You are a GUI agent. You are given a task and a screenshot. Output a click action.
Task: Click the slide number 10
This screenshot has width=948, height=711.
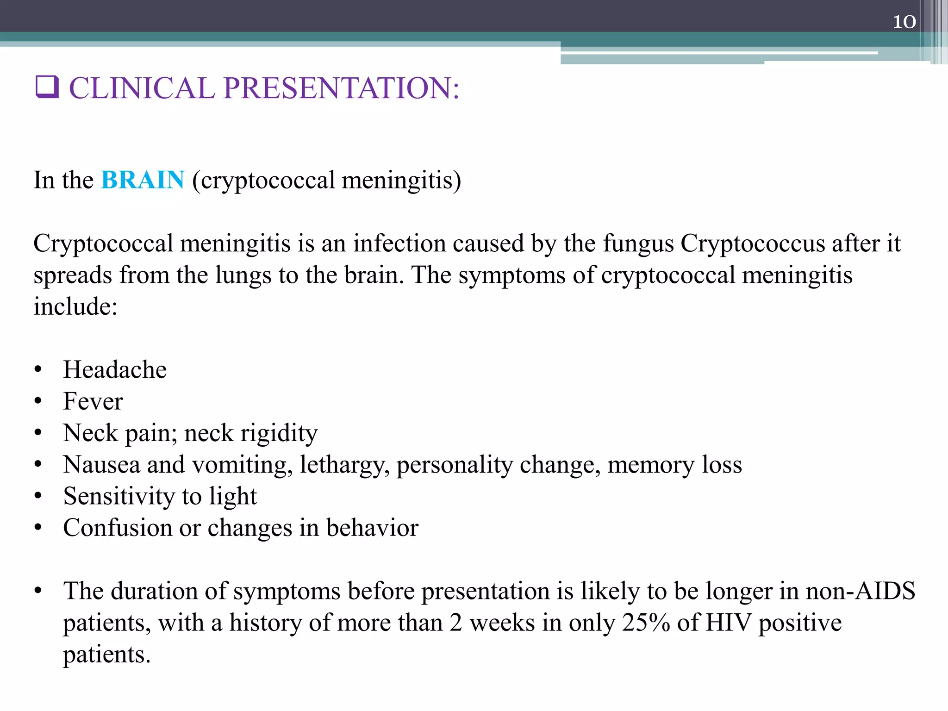[904, 22]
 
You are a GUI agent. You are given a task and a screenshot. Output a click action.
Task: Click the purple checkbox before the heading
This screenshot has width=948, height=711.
[47, 87]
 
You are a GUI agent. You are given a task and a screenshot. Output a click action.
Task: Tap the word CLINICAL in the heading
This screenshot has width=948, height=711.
[142, 88]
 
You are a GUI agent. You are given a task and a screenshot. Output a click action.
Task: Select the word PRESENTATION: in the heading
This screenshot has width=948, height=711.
[341, 88]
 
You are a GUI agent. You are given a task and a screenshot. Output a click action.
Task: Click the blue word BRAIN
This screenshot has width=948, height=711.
[143, 180]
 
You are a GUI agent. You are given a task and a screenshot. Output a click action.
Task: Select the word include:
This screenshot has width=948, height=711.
[75, 307]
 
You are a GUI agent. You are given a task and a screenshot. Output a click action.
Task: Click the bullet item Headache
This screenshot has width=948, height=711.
[115, 370]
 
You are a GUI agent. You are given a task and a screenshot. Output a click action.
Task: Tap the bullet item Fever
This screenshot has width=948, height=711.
[93, 401]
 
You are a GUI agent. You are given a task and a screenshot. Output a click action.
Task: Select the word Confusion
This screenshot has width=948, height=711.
[118, 528]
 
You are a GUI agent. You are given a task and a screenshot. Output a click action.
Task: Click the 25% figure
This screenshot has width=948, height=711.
[646, 623]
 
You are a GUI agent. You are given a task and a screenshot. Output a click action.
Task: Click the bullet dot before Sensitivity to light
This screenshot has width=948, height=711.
[38, 496]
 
